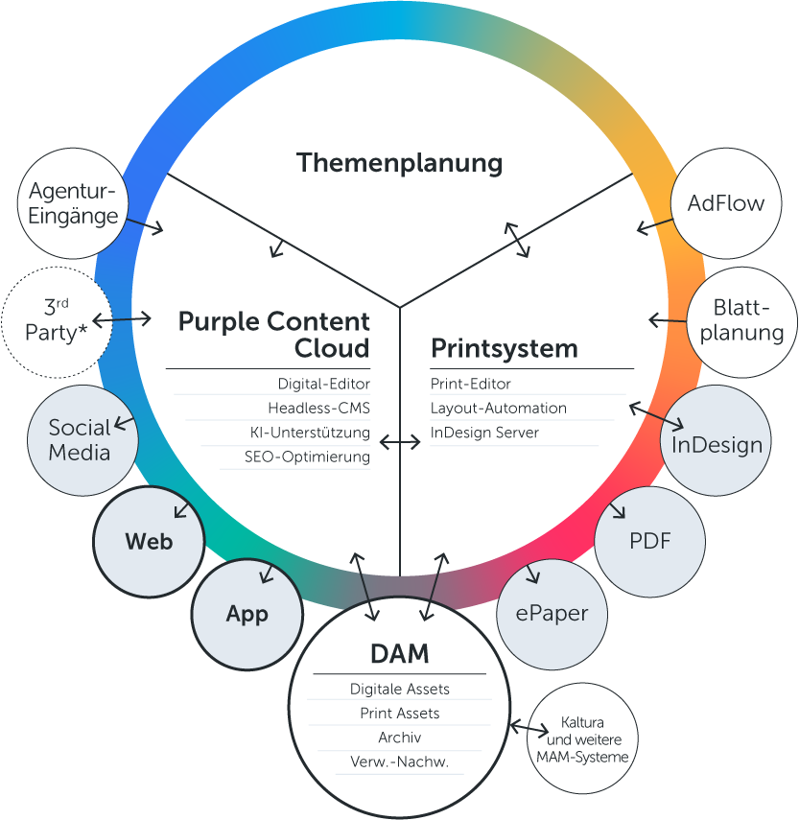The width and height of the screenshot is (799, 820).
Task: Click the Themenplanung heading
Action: [x=399, y=163]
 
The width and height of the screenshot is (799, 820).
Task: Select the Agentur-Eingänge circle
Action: [x=73, y=203]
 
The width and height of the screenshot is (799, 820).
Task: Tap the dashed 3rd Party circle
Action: [x=57, y=320]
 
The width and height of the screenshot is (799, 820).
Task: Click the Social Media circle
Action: [x=80, y=440]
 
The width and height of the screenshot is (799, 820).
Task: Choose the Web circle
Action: [x=149, y=542]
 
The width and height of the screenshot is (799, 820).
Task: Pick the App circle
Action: [x=247, y=614]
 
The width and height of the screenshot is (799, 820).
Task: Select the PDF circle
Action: [x=649, y=541]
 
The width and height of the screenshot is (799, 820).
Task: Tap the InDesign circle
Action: [x=717, y=444]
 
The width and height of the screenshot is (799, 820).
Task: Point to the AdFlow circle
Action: [x=726, y=203]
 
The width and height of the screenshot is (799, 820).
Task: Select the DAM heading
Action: [x=399, y=655]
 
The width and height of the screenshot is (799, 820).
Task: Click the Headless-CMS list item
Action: [x=318, y=409]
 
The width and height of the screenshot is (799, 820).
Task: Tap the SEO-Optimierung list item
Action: [x=307, y=457]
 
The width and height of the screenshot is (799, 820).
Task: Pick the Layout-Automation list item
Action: [x=498, y=409]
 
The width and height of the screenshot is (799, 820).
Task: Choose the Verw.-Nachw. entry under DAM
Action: [x=399, y=763]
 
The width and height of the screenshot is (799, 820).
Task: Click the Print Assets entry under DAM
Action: [x=399, y=714]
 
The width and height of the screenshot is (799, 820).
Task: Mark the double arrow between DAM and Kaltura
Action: [x=527, y=728]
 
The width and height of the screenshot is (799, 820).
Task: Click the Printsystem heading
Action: [x=505, y=347]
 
